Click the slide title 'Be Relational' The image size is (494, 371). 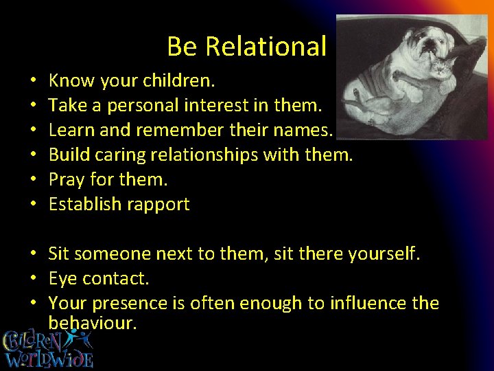246,47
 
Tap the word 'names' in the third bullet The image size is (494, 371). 303,131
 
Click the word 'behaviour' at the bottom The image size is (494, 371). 92,323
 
